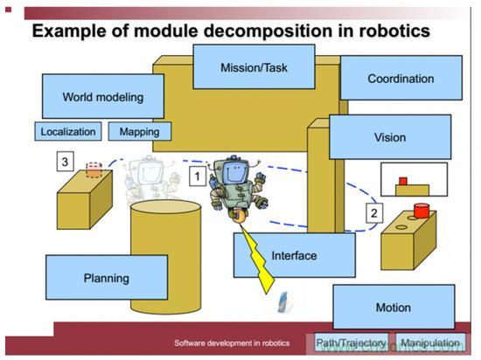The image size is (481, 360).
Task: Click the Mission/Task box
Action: tap(254, 66)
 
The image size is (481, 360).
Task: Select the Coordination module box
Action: tap(401, 78)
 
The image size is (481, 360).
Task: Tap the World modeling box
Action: tap(103, 96)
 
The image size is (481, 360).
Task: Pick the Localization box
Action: tap(68, 131)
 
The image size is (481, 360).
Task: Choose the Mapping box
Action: tap(140, 131)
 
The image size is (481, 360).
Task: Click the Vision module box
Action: tap(390, 137)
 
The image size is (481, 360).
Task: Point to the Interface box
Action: tap(295, 255)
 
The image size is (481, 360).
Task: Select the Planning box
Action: tap(107, 277)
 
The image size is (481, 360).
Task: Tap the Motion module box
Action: tap(394, 307)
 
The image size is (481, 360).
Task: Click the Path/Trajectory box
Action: tap(352, 343)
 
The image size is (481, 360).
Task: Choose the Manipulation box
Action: tap(430, 343)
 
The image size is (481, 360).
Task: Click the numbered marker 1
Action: tap(198, 177)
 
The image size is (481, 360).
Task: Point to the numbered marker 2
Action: tap(374, 213)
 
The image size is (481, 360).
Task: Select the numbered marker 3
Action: tap(65, 161)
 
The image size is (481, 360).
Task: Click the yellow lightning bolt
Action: tap(258, 258)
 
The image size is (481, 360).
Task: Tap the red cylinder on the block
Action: tap(422, 211)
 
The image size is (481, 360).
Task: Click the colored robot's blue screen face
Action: tap(234, 173)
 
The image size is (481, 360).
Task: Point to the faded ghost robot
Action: tap(150, 179)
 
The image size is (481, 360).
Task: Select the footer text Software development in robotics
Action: tap(232, 343)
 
